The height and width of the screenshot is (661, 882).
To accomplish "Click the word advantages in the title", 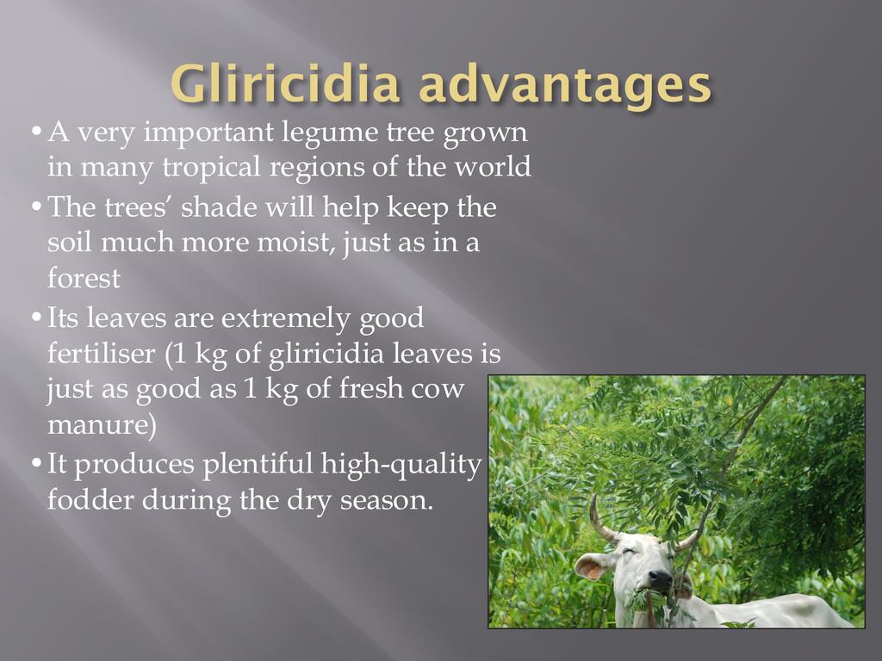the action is (564, 84).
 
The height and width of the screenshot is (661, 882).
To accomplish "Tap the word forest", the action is (84, 278).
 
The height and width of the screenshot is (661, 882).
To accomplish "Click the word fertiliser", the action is (101, 354).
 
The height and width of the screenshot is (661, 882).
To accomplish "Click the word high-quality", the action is (401, 466).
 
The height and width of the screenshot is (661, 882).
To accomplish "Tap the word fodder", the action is (90, 500).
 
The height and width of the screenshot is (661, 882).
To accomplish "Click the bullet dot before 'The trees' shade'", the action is (36, 208).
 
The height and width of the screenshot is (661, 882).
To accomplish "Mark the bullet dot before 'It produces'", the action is (36, 465).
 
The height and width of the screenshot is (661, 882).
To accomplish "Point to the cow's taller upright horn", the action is (600, 518).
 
